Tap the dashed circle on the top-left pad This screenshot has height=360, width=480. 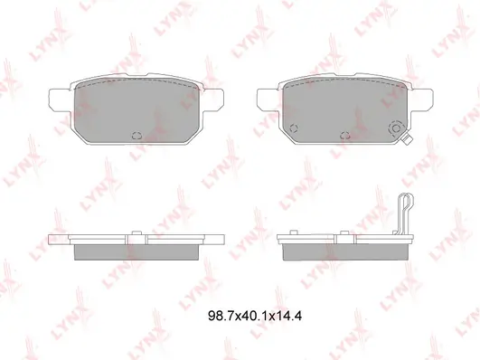click(136, 135)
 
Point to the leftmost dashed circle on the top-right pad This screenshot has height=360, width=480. click(294, 128)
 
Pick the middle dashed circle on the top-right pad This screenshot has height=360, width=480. click(345, 135)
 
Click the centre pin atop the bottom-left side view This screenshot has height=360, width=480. click(136, 233)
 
